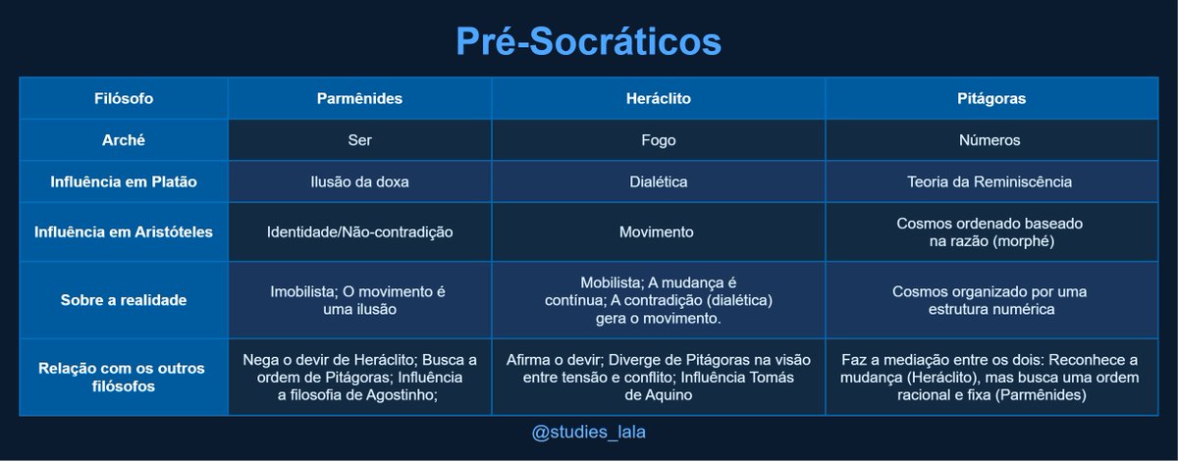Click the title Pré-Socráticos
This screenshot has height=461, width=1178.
pyautogui.click(x=588, y=41)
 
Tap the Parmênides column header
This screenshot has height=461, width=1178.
pyautogui.click(x=359, y=98)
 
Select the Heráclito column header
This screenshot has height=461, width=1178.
pyautogui.click(x=658, y=98)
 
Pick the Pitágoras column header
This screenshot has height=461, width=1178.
pyautogui.click(x=991, y=98)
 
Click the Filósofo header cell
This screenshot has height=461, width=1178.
pyautogui.click(x=124, y=98)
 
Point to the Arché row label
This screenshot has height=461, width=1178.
pyautogui.click(x=124, y=140)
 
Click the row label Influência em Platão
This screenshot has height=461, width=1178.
pyautogui.click(x=124, y=181)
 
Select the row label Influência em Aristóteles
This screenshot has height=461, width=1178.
pyautogui.click(x=124, y=232)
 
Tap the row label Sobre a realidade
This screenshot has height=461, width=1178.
pyautogui.click(x=124, y=300)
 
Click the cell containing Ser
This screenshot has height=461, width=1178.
pyautogui.click(x=359, y=140)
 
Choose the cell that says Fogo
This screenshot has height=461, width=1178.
pyautogui.click(x=658, y=140)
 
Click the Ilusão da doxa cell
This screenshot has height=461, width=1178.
pyautogui.click(x=359, y=181)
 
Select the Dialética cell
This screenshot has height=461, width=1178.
pyautogui.click(x=658, y=181)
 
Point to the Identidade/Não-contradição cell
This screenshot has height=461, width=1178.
pyautogui.click(x=359, y=232)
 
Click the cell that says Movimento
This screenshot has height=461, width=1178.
pyautogui.click(x=658, y=232)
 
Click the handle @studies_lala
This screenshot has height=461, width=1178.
pyautogui.click(x=588, y=433)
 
